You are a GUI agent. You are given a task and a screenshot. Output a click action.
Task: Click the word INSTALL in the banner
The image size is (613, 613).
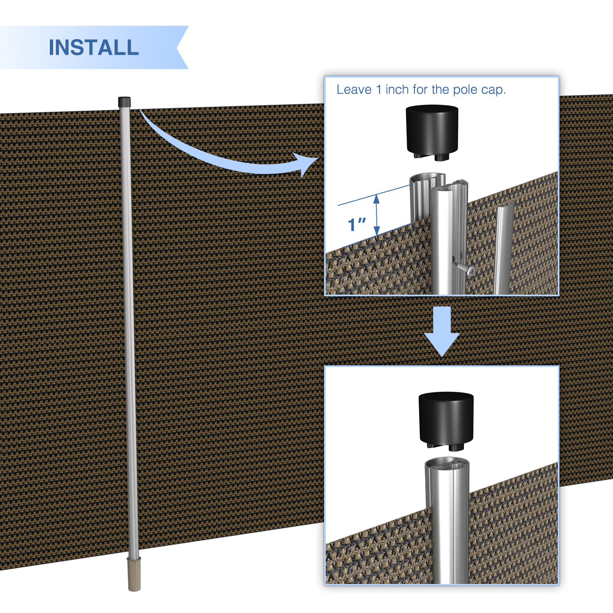coord(94,47)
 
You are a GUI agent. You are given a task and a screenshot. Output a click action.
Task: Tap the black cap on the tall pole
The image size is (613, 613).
coord(124,102)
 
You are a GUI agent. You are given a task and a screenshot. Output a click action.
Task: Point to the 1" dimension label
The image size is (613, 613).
coord(357,224)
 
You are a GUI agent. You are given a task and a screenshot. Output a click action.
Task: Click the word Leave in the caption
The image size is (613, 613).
coord(354,89)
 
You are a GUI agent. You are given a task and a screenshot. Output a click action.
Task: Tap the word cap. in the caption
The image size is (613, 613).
coord(493,90)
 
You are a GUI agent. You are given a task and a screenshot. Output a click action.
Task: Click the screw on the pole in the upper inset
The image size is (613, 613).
coord(465,268)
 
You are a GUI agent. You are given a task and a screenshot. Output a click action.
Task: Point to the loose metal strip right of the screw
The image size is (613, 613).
coord(503,249)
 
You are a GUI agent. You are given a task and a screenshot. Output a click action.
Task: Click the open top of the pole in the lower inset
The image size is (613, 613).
coord(447,463)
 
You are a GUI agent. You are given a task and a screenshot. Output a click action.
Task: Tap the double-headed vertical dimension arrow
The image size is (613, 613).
coord(377,215)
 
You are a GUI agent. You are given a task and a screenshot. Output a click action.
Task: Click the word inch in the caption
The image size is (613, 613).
coord(397,89)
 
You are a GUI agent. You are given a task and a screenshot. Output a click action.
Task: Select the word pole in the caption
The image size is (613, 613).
coord(465,90)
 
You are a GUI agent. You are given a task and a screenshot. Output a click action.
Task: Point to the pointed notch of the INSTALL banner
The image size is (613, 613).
coord(177,47)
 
